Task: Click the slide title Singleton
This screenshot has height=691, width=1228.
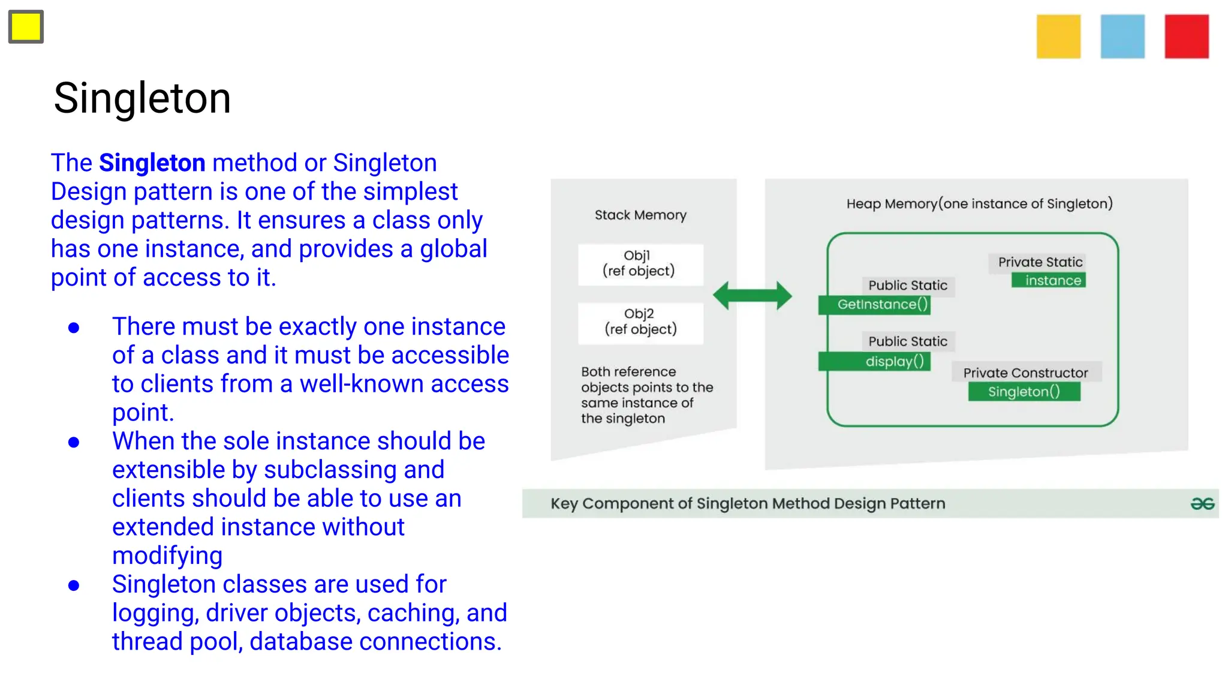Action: point(142,98)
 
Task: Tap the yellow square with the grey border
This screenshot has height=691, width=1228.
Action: point(26,27)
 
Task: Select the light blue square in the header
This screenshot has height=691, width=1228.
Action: point(1122,37)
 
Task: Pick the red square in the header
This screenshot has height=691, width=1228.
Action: point(1187,37)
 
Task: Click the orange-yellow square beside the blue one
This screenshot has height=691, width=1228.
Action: point(1058,37)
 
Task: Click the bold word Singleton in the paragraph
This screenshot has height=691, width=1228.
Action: point(152,163)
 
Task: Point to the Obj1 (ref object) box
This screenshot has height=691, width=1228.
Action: point(640,264)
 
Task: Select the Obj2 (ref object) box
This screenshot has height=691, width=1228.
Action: point(640,322)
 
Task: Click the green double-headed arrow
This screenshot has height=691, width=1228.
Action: point(752,295)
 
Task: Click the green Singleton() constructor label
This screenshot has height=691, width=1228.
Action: point(1024,392)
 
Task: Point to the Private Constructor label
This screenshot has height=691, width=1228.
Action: point(1025,372)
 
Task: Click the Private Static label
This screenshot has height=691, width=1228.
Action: point(1040,262)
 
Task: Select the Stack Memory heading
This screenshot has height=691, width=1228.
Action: point(640,215)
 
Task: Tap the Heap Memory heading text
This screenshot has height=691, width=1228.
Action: point(979,204)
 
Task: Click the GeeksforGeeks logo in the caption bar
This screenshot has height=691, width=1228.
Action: point(1202,504)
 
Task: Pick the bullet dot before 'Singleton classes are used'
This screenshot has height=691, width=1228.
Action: point(74,585)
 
